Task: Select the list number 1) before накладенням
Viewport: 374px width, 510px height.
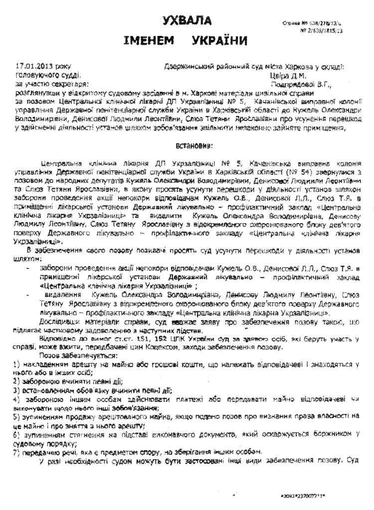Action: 17,365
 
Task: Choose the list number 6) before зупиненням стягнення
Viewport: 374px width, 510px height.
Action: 17,434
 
